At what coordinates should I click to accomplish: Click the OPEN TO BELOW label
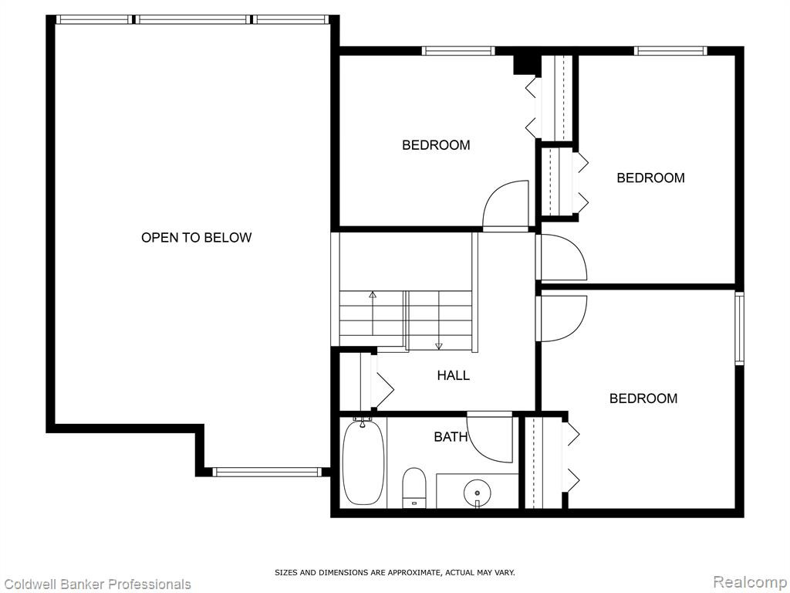tap(196, 238)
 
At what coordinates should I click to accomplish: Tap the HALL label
tap(454, 375)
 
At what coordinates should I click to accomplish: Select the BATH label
tap(451, 437)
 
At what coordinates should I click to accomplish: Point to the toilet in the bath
tap(414, 487)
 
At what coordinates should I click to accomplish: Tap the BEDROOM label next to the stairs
tap(436, 145)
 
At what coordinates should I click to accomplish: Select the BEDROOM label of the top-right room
tap(650, 178)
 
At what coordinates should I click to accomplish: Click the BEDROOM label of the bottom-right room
tap(643, 398)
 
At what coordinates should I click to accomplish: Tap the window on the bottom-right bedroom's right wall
tap(739, 328)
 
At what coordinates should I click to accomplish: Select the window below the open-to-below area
tap(266, 472)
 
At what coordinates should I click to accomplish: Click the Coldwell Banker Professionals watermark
tap(96, 584)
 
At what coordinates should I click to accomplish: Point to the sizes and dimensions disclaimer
tap(394, 572)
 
